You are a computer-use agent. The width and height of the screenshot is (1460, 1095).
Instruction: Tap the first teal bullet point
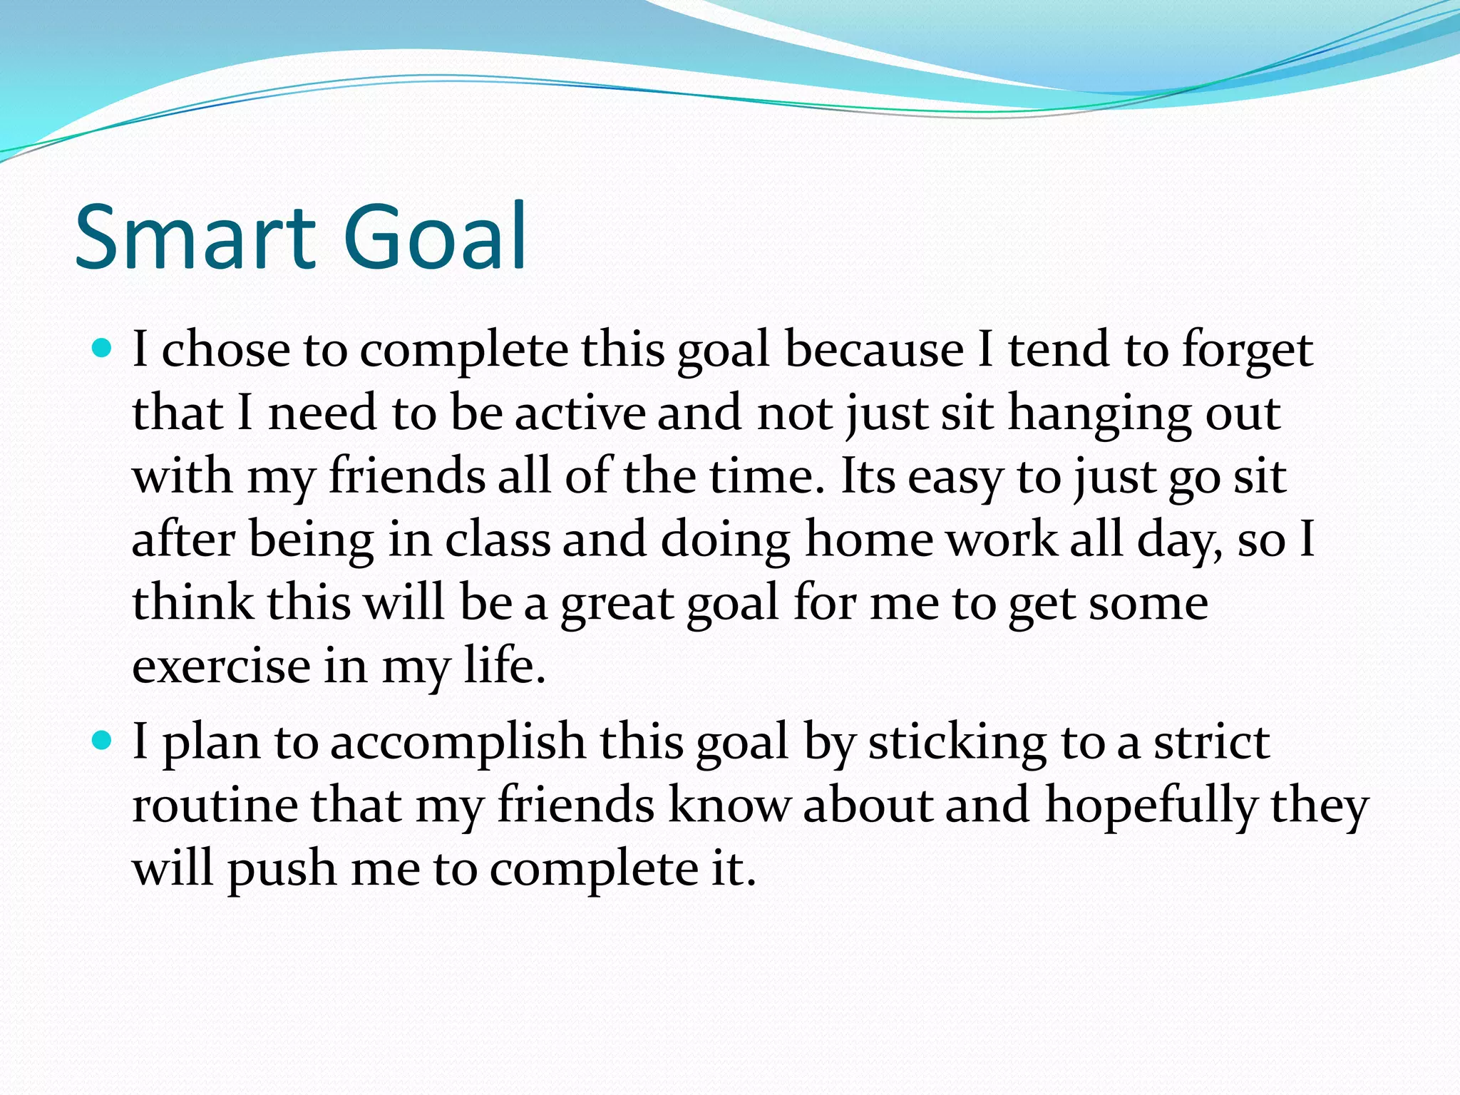tap(103, 349)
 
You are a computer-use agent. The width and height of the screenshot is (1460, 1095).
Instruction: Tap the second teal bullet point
tap(103, 741)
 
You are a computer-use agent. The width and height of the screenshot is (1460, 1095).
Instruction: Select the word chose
tap(226, 350)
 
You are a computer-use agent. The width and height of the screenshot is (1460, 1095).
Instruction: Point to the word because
tap(874, 350)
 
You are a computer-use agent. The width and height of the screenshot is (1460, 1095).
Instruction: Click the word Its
tap(867, 476)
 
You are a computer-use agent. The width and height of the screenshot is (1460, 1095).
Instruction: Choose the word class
tap(498, 540)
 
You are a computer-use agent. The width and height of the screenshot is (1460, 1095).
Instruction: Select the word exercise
tap(222, 666)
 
